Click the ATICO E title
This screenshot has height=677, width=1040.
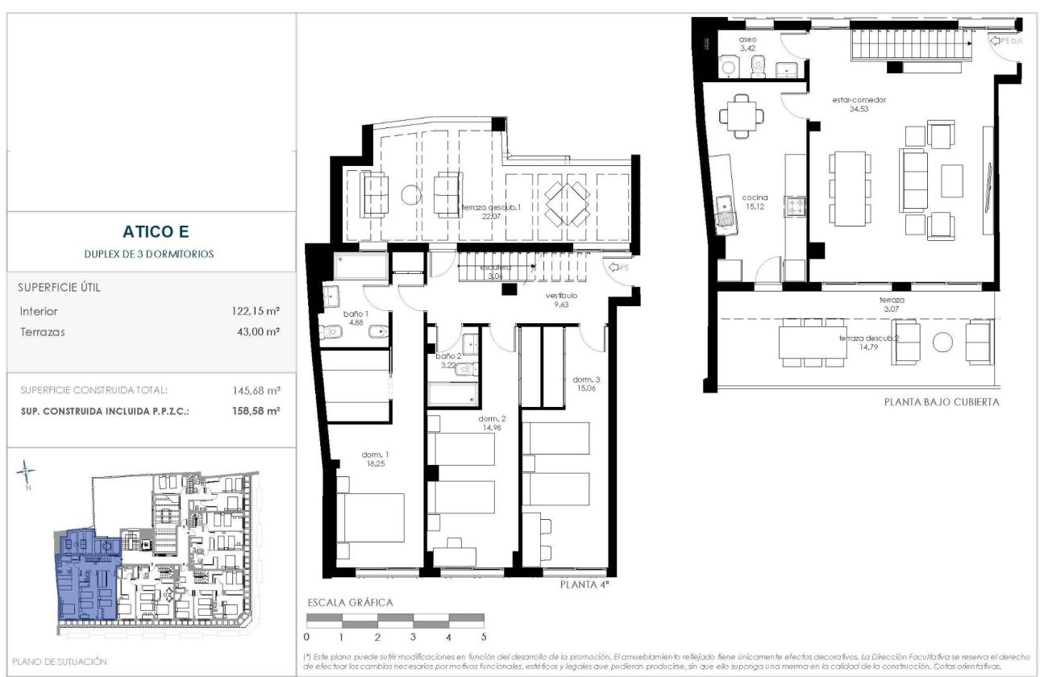pyautogui.click(x=156, y=232)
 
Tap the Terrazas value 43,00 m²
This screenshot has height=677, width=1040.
pyautogui.click(x=256, y=331)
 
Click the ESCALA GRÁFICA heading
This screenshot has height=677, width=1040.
pyautogui.click(x=350, y=602)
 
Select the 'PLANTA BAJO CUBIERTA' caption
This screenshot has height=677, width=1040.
pyautogui.click(x=942, y=401)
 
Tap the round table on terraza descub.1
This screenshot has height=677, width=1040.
pyautogui.click(x=411, y=194)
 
